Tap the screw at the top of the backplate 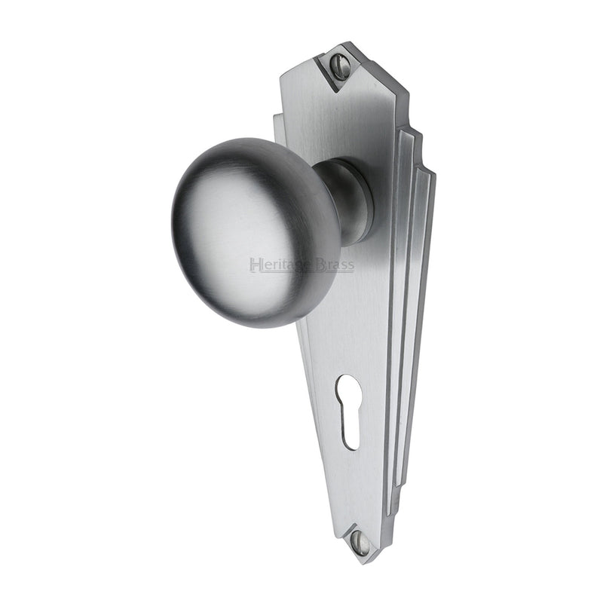[x=341, y=66]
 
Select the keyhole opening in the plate [x=350, y=411]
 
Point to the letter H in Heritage [x=254, y=265]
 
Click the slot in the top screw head [x=341, y=66]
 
